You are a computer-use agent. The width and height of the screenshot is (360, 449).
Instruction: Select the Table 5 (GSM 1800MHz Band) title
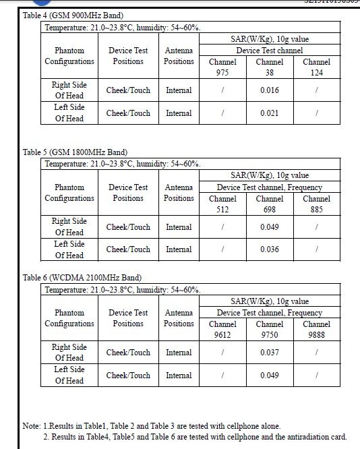point(75,152)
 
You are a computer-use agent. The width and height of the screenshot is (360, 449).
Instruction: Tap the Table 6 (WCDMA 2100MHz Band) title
point(82,278)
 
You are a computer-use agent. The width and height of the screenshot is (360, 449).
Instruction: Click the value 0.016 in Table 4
point(270,90)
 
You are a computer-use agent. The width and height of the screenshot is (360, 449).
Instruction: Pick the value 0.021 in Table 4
point(270,113)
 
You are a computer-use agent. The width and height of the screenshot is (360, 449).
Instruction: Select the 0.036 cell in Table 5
point(270,249)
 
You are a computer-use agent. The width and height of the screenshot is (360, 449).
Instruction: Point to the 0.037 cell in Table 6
point(270,353)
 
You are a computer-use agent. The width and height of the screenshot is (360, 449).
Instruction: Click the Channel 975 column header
point(222,67)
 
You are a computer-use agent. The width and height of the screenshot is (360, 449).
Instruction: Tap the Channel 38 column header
point(270,67)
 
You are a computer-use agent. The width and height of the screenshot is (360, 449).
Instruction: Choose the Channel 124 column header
point(316,67)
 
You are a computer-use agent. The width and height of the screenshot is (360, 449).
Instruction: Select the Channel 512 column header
point(222,204)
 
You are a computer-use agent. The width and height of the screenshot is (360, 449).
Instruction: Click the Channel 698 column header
point(270,204)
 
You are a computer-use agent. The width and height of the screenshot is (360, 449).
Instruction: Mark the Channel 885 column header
point(316,204)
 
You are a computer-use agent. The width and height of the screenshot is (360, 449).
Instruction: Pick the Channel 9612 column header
point(222,330)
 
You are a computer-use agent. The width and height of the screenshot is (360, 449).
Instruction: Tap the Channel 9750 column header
point(270,330)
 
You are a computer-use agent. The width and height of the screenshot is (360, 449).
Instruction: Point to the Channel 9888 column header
point(316,330)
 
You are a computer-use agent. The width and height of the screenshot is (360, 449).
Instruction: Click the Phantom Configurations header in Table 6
point(69,318)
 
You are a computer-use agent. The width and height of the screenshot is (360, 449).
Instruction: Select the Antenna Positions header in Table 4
point(179,56)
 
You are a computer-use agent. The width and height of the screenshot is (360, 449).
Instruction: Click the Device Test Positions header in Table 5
point(128,193)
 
